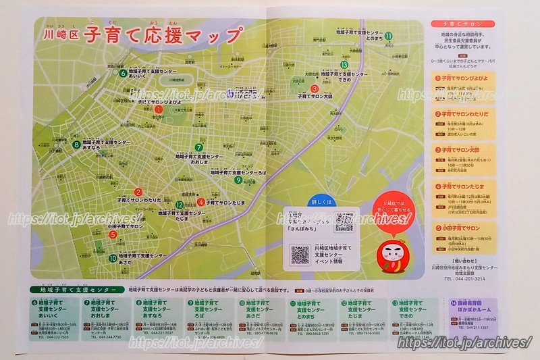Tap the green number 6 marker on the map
point(123,73)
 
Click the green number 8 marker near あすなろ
point(76,143)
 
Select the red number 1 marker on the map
point(159,108)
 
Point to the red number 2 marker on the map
point(138,192)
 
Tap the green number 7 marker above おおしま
point(198,147)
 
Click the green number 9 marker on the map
point(238,180)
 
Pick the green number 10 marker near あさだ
point(113,258)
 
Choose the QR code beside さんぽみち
point(344,222)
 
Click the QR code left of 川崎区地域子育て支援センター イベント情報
point(300,255)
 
